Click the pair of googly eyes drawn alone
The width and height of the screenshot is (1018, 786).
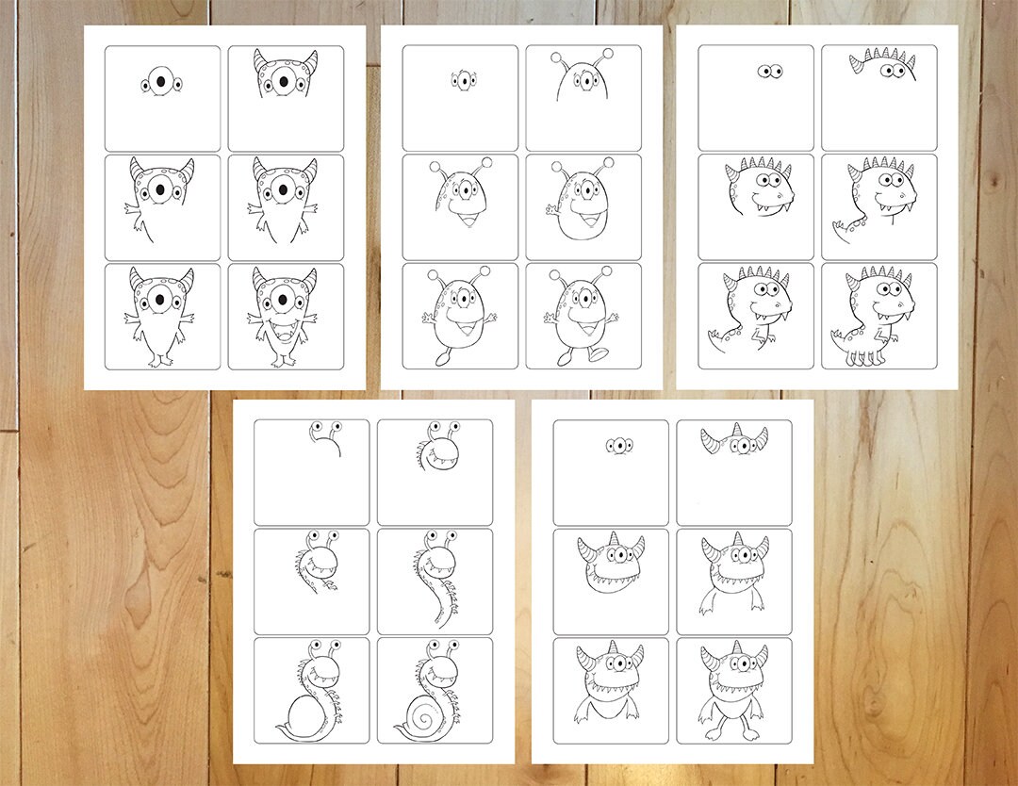pyautogui.click(x=772, y=71)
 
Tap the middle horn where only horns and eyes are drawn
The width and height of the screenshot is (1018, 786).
pyautogui.click(x=734, y=433)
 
